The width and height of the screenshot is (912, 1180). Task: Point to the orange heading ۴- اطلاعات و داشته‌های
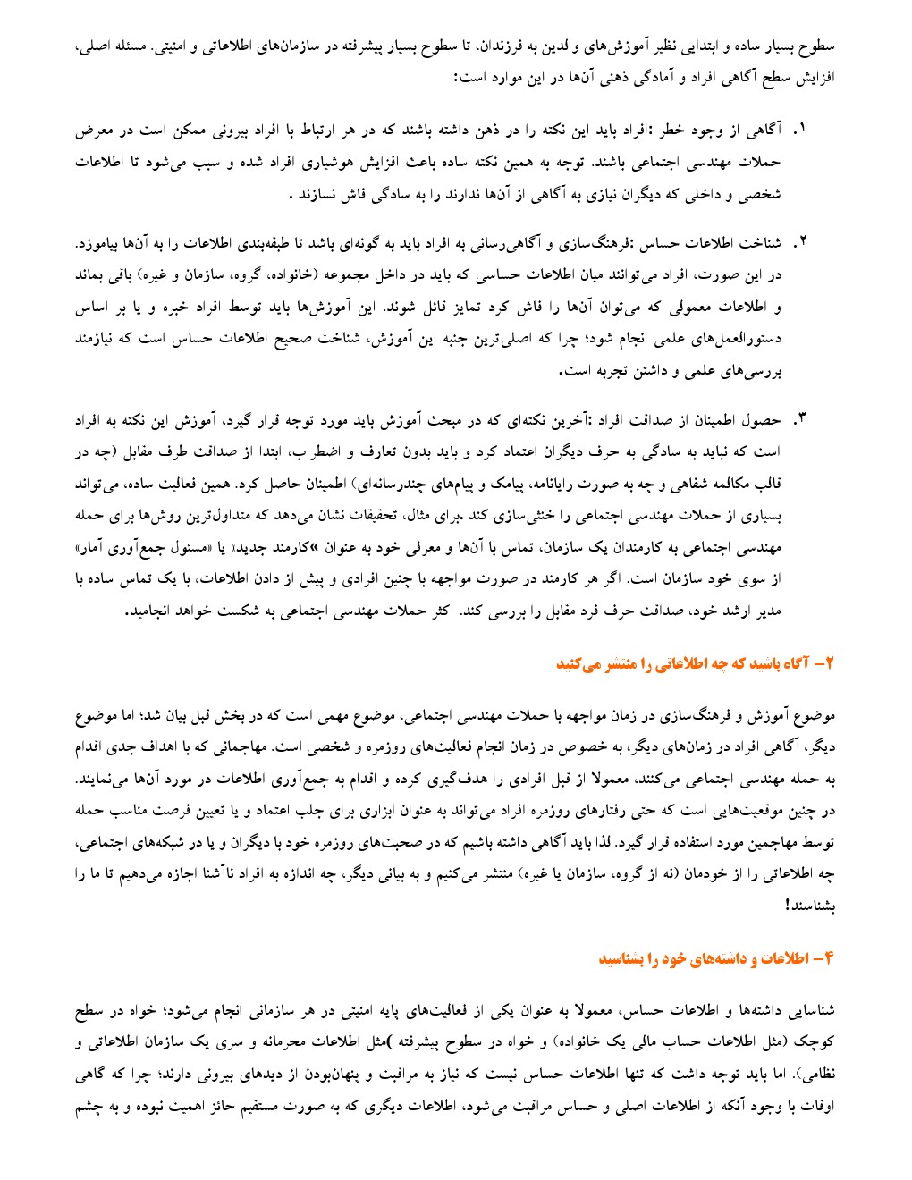pyautogui.click(x=716, y=958)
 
